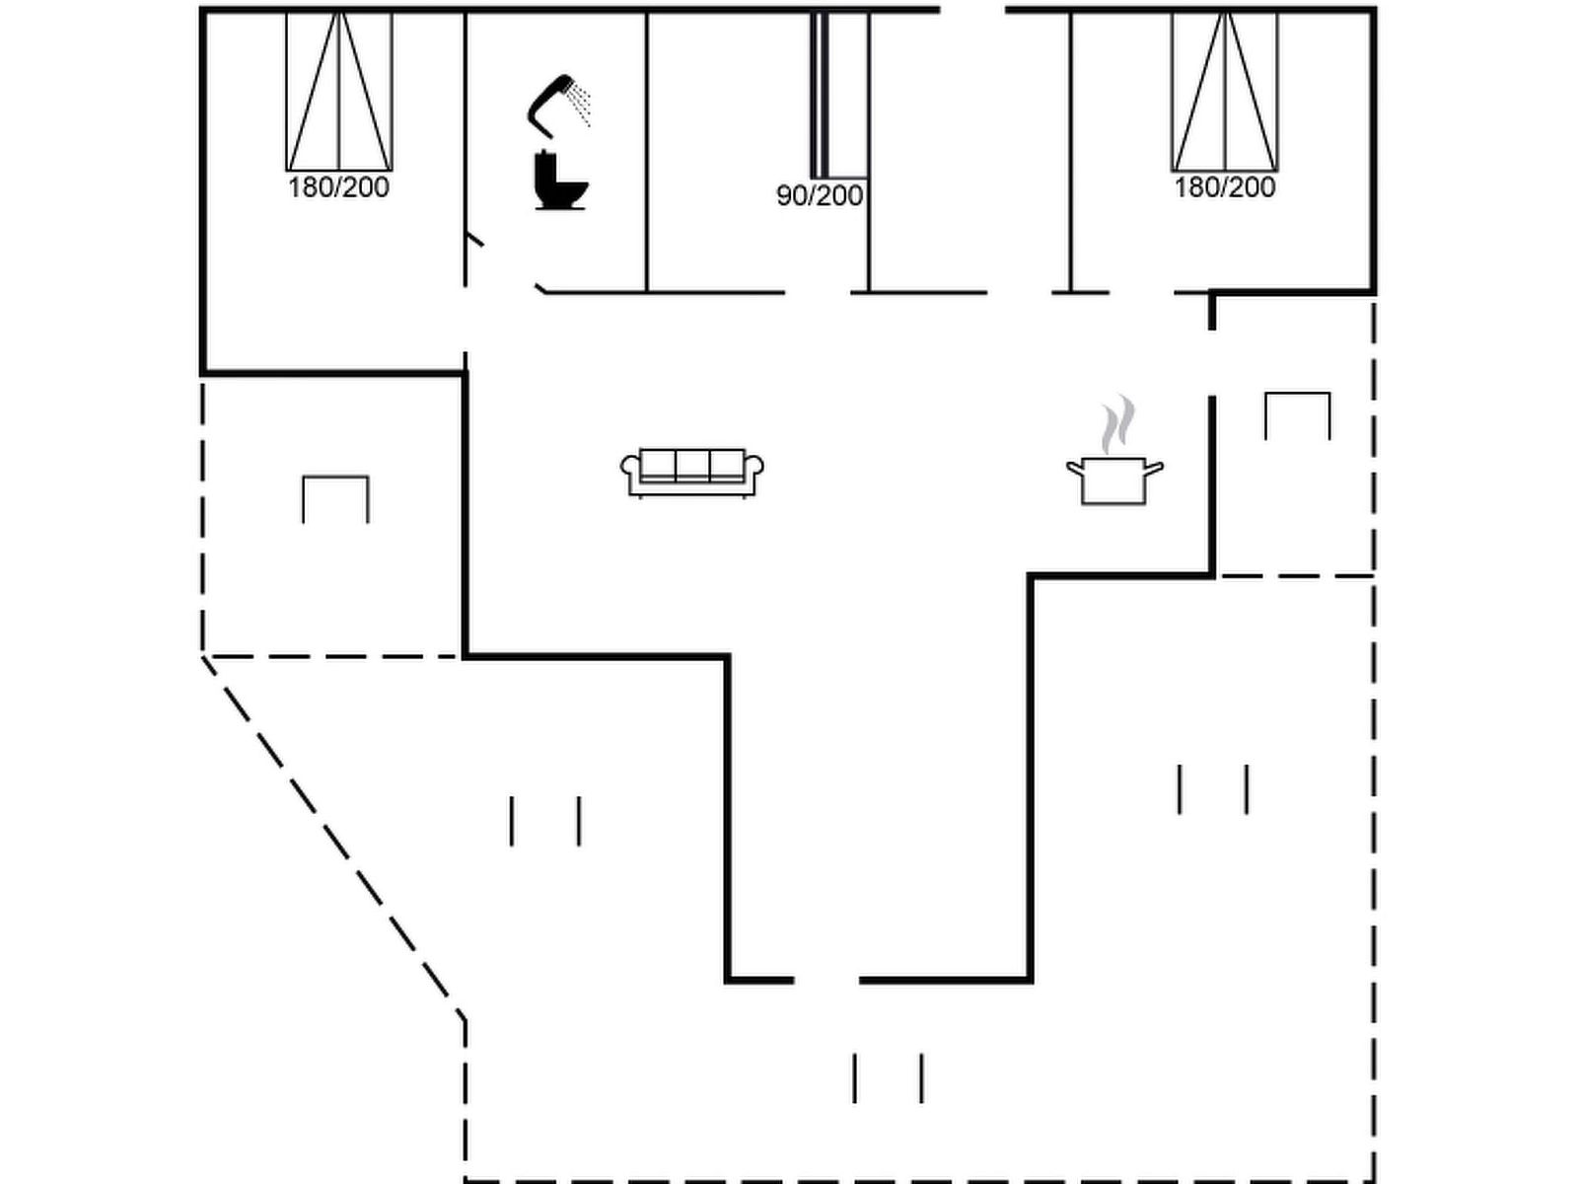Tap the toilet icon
click(559, 182)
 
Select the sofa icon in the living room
click(692, 473)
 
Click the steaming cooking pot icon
click(1114, 479)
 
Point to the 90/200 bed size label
click(820, 196)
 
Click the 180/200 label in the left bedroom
click(338, 187)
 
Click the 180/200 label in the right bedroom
click(1224, 187)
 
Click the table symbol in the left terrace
click(335, 497)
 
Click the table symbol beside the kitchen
click(1297, 414)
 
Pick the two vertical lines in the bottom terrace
click(888, 1077)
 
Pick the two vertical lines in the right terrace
click(1213, 789)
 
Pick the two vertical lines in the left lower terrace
click(544, 821)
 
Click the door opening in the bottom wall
click(826, 980)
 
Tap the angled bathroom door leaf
click(474, 239)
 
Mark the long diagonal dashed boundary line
click(330, 834)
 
